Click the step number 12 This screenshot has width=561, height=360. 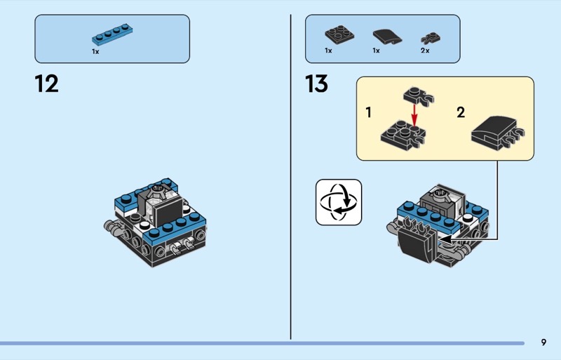[46, 84]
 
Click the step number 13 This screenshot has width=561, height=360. [316, 84]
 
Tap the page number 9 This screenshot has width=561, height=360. [543, 342]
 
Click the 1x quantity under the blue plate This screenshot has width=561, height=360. [95, 51]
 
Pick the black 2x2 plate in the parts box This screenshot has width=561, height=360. [339, 34]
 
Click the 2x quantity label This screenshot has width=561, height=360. [424, 51]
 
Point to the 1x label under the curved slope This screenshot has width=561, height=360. [376, 51]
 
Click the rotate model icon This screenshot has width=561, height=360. [339, 202]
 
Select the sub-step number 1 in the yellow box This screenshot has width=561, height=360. [368, 112]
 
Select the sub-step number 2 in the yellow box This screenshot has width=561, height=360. [461, 112]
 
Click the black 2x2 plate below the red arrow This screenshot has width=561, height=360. [400, 133]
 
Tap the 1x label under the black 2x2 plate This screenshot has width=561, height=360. [328, 51]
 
